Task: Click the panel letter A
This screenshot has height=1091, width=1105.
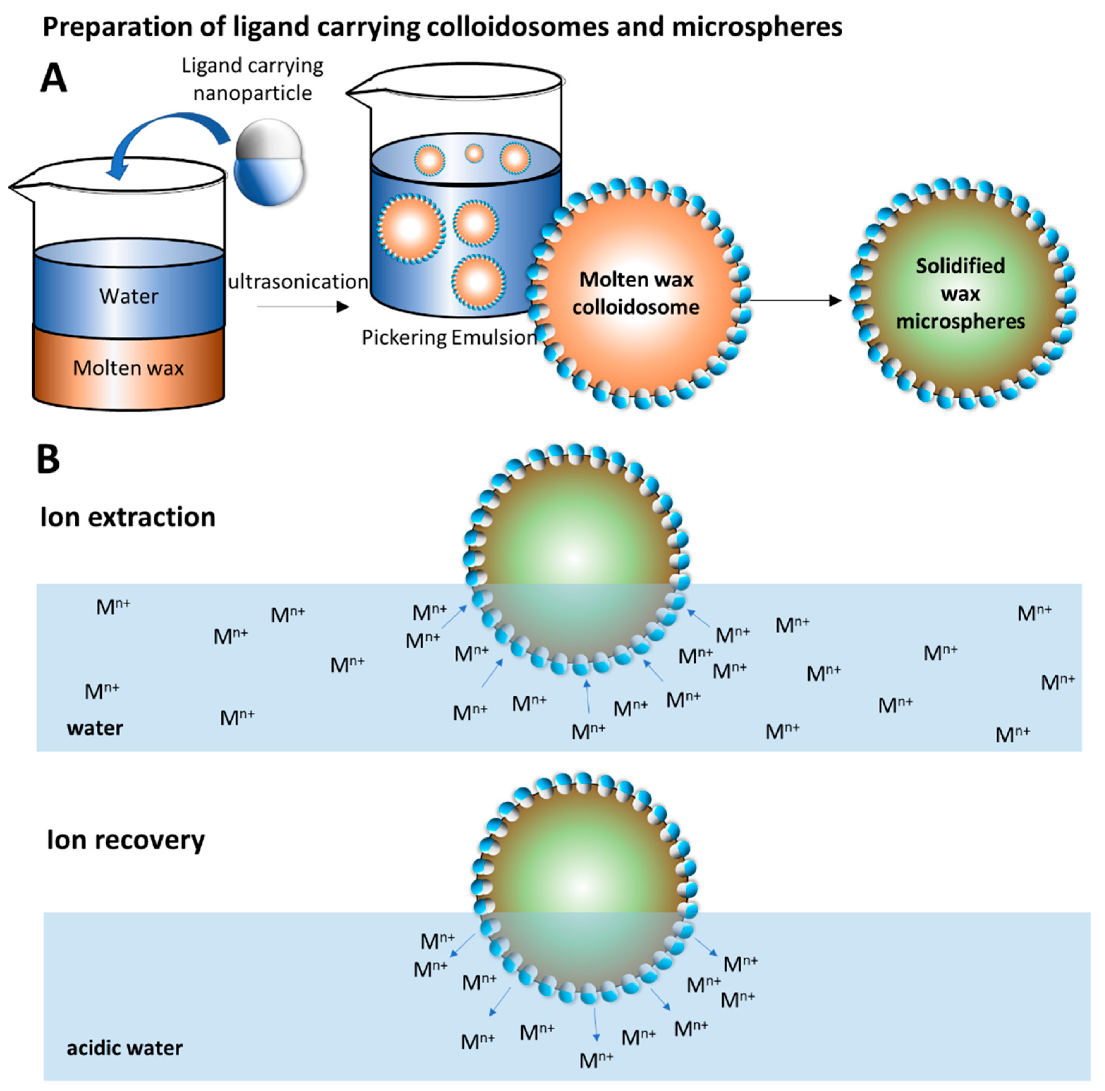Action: pyautogui.click(x=54, y=78)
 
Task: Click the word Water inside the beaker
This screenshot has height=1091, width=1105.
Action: pyautogui.click(x=129, y=296)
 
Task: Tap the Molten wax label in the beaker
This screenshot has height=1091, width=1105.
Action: pyautogui.click(x=129, y=368)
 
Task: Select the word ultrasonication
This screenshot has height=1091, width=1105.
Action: pyautogui.click(x=298, y=281)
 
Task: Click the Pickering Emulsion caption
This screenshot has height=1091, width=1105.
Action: pyautogui.click(x=449, y=337)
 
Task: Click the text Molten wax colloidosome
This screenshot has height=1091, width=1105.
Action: pyautogui.click(x=636, y=293)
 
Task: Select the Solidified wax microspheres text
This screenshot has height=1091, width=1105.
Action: pyautogui.click(x=960, y=293)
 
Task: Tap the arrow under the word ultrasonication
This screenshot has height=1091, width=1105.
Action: pyautogui.click(x=303, y=307)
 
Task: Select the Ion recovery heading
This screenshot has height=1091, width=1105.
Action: pyautogui.click(x=126, y=840)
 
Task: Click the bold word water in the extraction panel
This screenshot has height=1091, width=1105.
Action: pyautogui.click(x=95, y=728)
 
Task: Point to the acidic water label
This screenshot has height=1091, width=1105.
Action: pyautogui.click(x=125, y=1048)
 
